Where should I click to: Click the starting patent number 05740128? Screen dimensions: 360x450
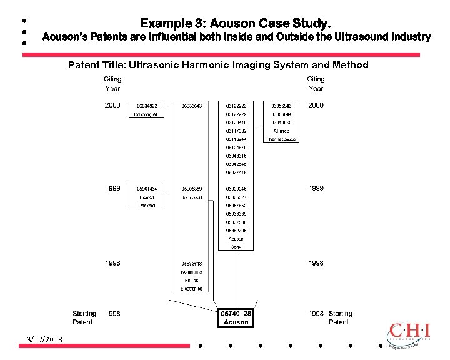pyautogui.click(x=236, y=314)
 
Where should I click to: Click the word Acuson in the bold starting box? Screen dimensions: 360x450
pyautogui.click(x=236, y=322)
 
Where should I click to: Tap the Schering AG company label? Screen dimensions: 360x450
pyautogui.click(x=147, y=115)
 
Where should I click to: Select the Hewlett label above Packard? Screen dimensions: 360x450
pyautogui.click(x=147, y=197)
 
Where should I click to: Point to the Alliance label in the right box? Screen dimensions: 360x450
pyautogui.click(x=281, y=131)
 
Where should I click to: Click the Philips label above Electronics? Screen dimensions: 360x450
pyautogui.click(x=192, y=281)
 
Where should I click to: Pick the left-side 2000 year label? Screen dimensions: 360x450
pyautogui.click(x=113, y=106)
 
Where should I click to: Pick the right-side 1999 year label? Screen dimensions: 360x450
pyautogui.click(x=316, y=188)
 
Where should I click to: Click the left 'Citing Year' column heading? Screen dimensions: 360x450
pyautogui.click(x=113, y=84)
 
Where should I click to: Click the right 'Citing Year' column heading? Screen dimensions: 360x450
pyautogui.click(x=316, y=84)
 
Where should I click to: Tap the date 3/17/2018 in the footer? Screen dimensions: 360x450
pyautogui.click(x=44, y=339)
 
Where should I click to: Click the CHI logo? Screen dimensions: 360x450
pyautogui.click(x=409, y=334)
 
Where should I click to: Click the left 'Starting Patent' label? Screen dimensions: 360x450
pyautogui.click(x=84, y=317)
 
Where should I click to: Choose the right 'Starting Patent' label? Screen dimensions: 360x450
pyautogui.click(x=340, y=317)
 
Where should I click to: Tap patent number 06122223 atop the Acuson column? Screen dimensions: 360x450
pyautogui.click(x=236, y=106)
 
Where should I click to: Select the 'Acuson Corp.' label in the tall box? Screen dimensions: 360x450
pyautogui.click(x=236, y=242)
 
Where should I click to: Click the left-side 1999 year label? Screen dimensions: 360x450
pyautogui.click(x=113, y=188)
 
